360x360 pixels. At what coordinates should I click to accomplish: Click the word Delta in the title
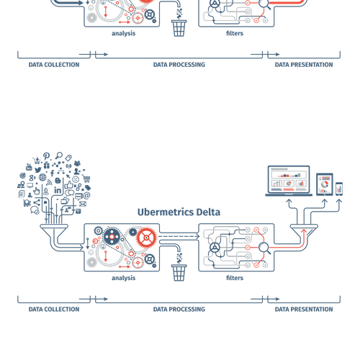[208, 212]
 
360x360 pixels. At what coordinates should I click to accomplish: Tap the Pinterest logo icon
[46, 156]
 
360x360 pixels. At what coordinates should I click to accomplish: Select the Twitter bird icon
[37, 170]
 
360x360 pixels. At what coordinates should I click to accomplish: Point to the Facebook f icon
[52, 173]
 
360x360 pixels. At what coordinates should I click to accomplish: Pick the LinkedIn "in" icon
[58, 190]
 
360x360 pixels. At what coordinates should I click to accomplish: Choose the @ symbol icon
[87, 195]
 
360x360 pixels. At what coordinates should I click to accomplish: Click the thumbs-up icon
[68, 185]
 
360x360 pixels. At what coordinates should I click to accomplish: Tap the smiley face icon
[76, 179]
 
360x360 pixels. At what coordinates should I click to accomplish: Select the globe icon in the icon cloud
[42, 177]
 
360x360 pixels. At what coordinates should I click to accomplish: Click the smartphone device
[339, 189]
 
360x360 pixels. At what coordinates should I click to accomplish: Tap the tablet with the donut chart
[325, 184]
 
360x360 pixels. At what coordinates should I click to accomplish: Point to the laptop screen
[289, 179]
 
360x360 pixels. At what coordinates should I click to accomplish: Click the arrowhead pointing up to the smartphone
[339, 201]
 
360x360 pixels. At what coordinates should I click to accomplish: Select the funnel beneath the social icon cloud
[54, 231]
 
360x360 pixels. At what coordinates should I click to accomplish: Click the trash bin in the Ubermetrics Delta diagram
[179, 273]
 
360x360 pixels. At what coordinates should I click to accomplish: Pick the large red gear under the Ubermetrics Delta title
[146, 238]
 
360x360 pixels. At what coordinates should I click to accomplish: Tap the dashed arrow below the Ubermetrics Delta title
[179, 236]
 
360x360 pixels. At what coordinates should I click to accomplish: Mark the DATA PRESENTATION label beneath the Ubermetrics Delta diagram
[304, 309]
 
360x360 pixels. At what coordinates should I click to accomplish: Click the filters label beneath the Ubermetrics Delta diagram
[235, 278]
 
